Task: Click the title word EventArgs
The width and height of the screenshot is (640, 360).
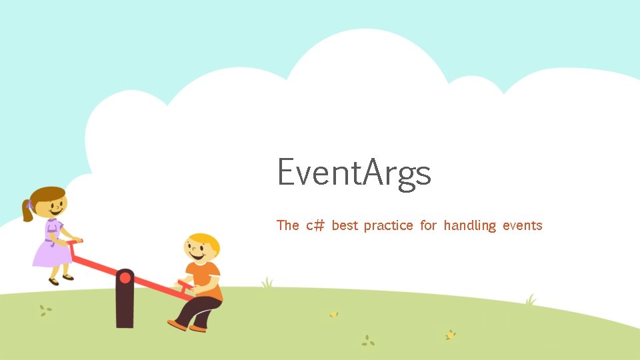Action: (x=354, y=173)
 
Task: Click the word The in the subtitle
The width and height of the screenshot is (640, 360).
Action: (x=288, y=225)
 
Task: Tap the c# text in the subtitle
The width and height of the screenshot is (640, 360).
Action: (x=315, y=225)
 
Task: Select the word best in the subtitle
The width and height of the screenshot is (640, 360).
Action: (x=345, y=225)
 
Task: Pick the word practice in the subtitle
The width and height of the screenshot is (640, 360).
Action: (x=388, y=226)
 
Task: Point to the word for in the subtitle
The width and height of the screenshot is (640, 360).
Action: (x=429, y=225)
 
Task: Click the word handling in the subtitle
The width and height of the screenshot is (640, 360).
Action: (x=469, y=226)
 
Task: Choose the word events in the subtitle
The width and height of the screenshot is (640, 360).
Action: (x=522, y=225)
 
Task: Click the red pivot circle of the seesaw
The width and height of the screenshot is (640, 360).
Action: (x=125, y=277)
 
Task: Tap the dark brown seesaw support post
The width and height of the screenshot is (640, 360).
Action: (x=125, y=307)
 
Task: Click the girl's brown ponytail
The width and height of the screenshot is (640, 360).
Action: (x=28, y=210)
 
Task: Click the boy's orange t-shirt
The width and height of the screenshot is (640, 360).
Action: (x=207, y=280)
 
